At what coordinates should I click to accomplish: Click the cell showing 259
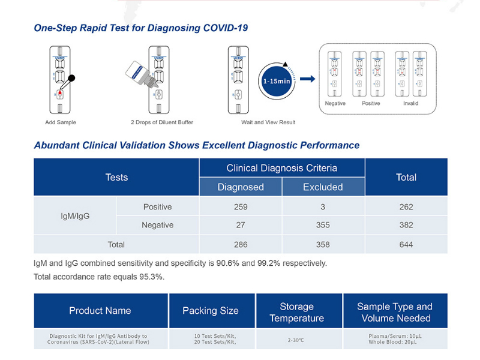click(x=241, y=207)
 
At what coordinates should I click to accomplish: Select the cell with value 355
click(x=323, y=225)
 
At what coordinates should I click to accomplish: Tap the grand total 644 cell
click(x=406, y=244)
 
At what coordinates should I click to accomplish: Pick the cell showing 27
click(x=241, y=225)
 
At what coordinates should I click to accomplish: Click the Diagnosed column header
click(x=241, y=187)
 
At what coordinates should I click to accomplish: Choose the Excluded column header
click(x=323, y=187)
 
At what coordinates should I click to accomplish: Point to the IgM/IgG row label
click(x=76, y=216)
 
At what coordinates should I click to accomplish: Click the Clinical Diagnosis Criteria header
click(x=281, y=168)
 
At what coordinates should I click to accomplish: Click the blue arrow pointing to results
click(x=307, y=79)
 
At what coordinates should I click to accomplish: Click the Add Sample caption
click(x=61, y=122)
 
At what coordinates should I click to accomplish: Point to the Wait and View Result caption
click(x=268, y=122)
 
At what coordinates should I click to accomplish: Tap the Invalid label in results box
click(x=411, y=103)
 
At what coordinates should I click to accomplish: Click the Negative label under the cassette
click(x=335, y=103)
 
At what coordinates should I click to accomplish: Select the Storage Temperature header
click(x=296, y=312)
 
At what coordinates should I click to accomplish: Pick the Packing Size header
click(x=211, y=311)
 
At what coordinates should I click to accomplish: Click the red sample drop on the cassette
click(x=60, y=93)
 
